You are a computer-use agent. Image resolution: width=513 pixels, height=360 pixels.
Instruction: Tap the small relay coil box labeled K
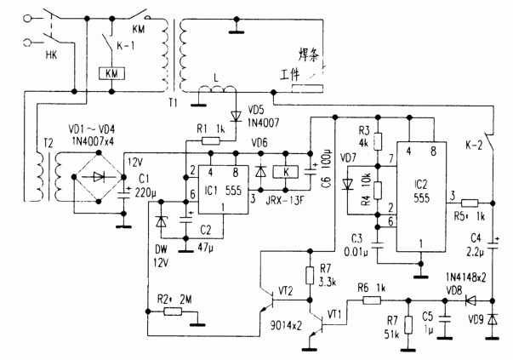click(x=287, y=171)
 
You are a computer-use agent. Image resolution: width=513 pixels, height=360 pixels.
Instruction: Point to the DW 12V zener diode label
click(x=163, y=254)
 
